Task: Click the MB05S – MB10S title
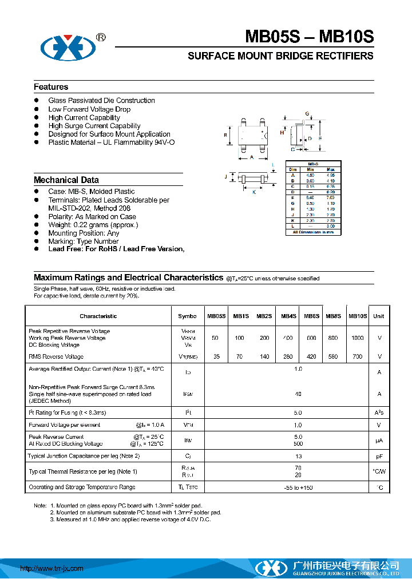pyautogui.click(x=309, y=37)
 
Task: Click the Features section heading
pyautogui.click(x=51, y=87)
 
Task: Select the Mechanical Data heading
pyautogui.click(x=66, y=180)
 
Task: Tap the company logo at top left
pyautogui.click(x=66, y=46)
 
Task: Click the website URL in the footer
pyautogui.click(x=51, y=568)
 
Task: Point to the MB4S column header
pyautogui.click(x=288, y=316)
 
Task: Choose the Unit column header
pyautogui.click(x=379, y=316)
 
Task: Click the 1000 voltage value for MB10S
pyautogui.click(x=358, y=338)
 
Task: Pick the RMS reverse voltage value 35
pyautogui.click(x=216, y=356)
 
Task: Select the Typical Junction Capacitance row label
pyautogui.click(x=84, y=456)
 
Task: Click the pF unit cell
pyautogui.click(x=379, y=457)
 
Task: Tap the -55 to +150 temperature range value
pyautogui.click(x=298, y=487)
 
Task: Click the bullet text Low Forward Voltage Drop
pyautogui.click(x=89, y=109)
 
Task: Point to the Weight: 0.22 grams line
pyautogui.click(x=93, y=225)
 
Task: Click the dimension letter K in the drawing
pyautogui.click(x=254, y=192)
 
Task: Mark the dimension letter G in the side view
pyautogui.click(x=307, y=114)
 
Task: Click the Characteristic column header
pyautogui.click(x=98, y=316)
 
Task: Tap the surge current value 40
pyautogui.click(x=298, y=394)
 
